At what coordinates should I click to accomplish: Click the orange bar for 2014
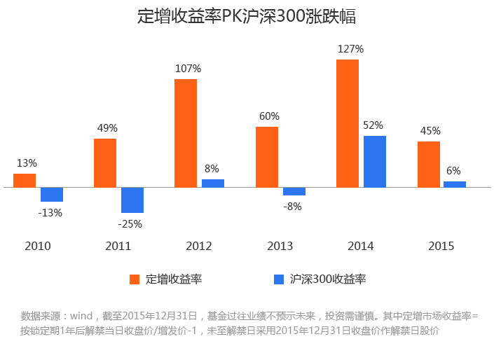pos(348,123)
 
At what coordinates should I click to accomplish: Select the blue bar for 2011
pos(132,200)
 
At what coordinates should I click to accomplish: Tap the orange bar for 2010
pos(25,180)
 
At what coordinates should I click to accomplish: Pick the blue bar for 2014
pos(375,161)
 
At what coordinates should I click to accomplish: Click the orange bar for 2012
pos(186,133)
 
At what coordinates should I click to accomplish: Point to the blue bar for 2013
pos(294,191)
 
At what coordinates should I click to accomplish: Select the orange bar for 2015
pos(429,164)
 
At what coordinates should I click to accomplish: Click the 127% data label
pos(350,49)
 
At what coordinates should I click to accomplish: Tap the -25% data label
pos(130,224)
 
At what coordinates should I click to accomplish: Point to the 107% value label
pos(188,69)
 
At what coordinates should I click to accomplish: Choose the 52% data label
pos(373,125)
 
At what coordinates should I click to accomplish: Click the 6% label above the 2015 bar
pos(453,170)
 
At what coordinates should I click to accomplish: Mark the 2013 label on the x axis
pos(280,246)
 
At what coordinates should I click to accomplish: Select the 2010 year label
pos(38,246)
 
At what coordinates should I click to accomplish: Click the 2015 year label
pos(441,246)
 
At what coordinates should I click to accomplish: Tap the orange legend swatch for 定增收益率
pos(135,279)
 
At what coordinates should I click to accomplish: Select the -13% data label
pos(50,212)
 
